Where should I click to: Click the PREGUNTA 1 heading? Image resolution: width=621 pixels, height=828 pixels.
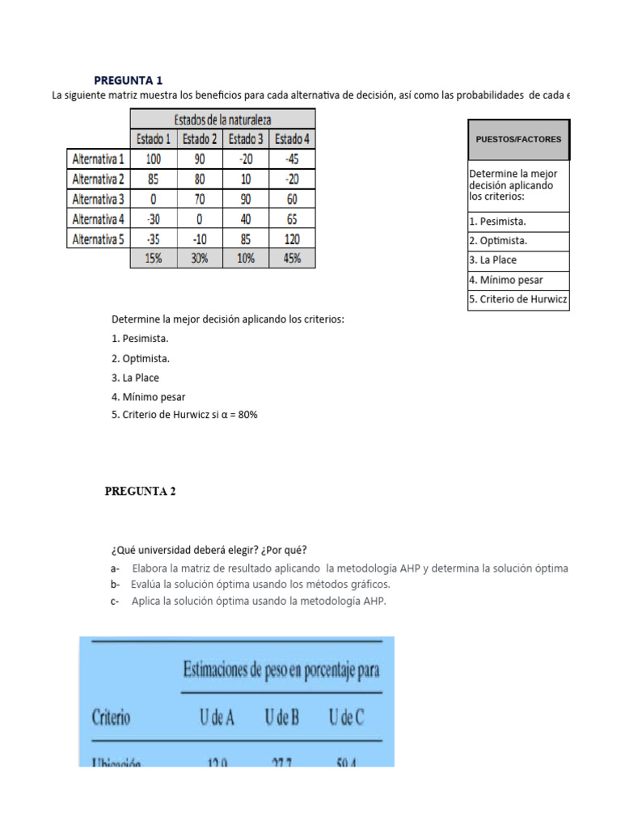[x=128, y=80]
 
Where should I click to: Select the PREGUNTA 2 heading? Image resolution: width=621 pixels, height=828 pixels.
[x=140, y=491]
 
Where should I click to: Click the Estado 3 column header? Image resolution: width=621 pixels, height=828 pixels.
[x=246, y=139]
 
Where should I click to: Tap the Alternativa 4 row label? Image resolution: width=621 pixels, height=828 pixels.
[x=99, y=219]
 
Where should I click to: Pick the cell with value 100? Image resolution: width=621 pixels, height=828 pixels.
[x=154, y=159]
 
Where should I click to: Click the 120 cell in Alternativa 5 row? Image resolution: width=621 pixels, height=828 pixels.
[x=292, y=239]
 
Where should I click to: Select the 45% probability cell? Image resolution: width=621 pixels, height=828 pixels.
[x=292, y=259]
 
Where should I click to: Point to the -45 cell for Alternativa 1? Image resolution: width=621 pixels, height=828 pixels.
[x=292, y=159]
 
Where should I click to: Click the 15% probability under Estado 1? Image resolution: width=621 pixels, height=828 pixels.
[x=154, y=259]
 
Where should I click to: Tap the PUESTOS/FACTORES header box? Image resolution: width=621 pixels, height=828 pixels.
[x=518, y=140]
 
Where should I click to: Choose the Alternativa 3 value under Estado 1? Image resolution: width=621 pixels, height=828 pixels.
[x=154, y=199]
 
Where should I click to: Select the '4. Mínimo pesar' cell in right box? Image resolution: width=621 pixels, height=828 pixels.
[x=518, y=281]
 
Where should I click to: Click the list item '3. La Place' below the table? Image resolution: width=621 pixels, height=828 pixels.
[x=135, y=378]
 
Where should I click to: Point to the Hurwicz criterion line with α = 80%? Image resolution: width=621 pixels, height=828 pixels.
[x=184, y=415]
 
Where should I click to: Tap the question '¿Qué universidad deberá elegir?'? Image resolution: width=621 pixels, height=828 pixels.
[x=209, y=551]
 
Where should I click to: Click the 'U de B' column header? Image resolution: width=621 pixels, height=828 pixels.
[x=281, y=716]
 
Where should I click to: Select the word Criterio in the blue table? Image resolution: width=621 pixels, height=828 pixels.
[x=111, y=716]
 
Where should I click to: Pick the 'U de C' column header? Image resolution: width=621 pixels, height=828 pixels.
[x=346, y=716]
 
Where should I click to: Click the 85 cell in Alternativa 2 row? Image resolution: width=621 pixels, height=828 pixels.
[x=154, y=179]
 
